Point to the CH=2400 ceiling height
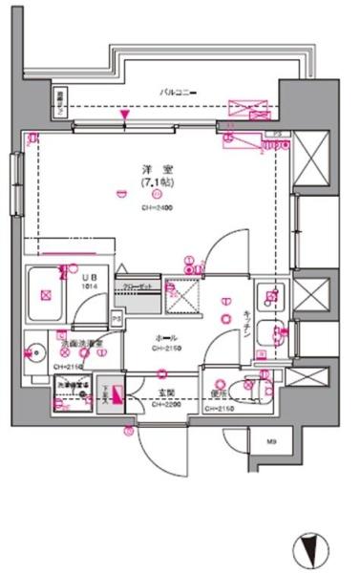point(155,209)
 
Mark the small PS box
point(116,319)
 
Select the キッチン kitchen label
point(246,327)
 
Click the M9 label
point(270,441)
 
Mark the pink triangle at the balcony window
point(124,117)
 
